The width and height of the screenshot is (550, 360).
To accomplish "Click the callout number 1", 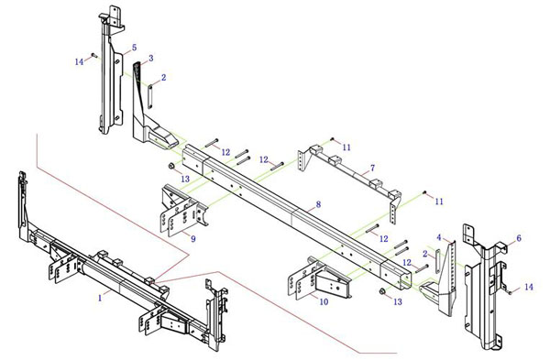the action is (100, 299).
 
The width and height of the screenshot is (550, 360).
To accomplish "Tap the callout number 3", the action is (151, 58).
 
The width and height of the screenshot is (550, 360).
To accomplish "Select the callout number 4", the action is (439, 237).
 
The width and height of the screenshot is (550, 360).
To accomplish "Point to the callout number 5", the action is (135, 48).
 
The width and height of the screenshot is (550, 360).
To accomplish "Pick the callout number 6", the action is (519, 238).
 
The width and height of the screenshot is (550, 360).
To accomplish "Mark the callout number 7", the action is (372, 169).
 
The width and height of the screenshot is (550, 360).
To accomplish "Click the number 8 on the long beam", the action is (318, 204).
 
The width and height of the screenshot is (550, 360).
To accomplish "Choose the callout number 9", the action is (193, 239).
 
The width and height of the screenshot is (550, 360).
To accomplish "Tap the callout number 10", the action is (324, 301).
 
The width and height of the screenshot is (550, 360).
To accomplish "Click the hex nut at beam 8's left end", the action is (172, 166).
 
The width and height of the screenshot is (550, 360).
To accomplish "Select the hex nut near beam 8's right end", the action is (382, 290).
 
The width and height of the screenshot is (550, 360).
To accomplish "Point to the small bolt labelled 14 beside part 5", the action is (93, 55).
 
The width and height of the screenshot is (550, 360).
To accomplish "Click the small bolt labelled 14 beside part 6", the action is (510, 292).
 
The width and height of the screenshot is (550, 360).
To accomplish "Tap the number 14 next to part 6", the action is (529, 287).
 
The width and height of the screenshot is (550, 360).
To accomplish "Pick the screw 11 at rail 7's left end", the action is (332, 139).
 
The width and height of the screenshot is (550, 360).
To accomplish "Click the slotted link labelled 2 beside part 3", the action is (150, 96).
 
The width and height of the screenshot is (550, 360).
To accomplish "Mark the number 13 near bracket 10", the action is (398, 301).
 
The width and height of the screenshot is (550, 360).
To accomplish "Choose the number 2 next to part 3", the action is (163, 78).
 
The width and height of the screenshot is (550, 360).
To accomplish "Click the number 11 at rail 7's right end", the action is (439, 202).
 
